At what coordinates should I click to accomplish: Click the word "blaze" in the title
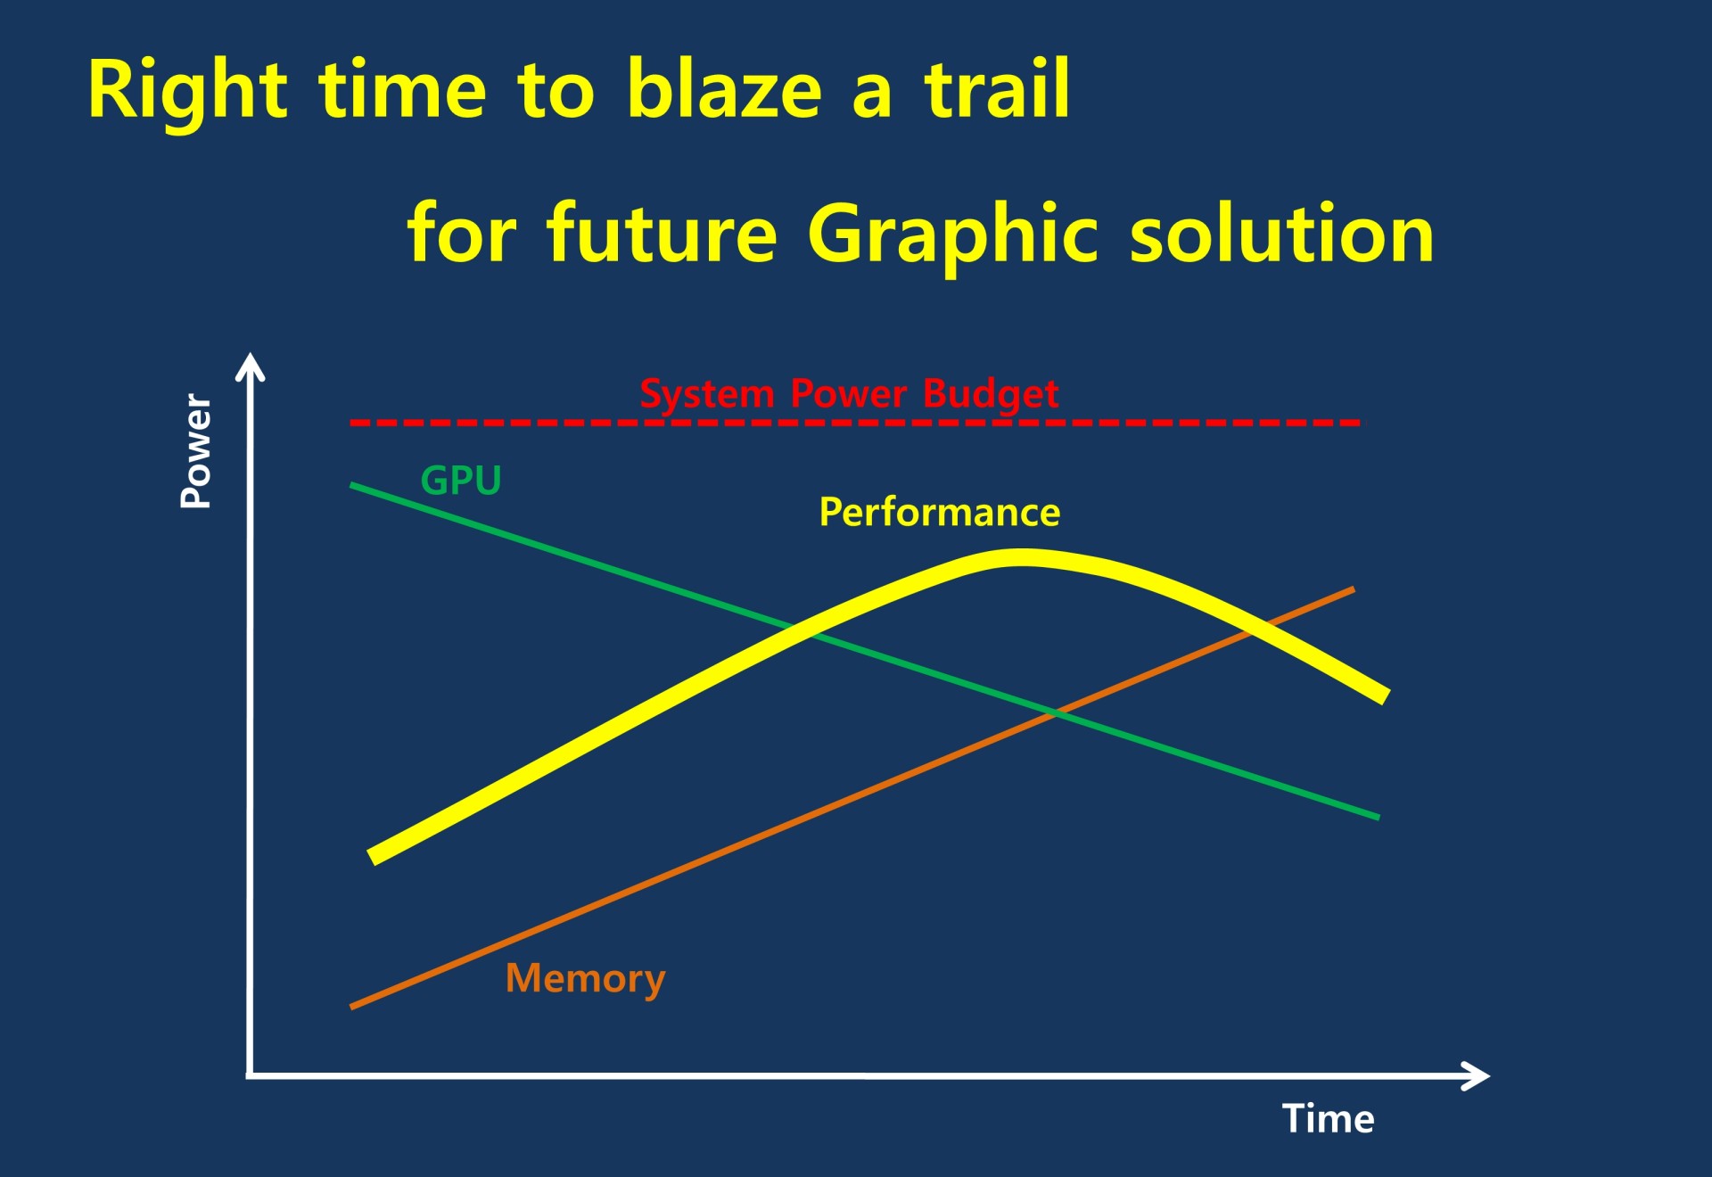pyautogui.click(x=723, y=88)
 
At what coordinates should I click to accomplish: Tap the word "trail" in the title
pyautogui.click(x=997, y=88)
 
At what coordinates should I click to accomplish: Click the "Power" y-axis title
pyautogui.click(x=196, y=451)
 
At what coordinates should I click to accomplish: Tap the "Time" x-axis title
pyautogui.click(x=1328, y=1118)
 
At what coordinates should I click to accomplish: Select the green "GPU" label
pyautogui.click(x=461, y=481)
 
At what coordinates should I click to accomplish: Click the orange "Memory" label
pyautogui.click(x=585, y=979)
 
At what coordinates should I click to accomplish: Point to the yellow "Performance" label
pyautogui.click(x=940, y=513)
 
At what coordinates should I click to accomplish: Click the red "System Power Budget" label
pyautogui.click(x=849, y=394)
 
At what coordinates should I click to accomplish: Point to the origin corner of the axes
pyautogui.click(x=251, y=1076)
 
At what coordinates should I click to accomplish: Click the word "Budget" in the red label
pyautogui.click(x=991, y=394)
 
